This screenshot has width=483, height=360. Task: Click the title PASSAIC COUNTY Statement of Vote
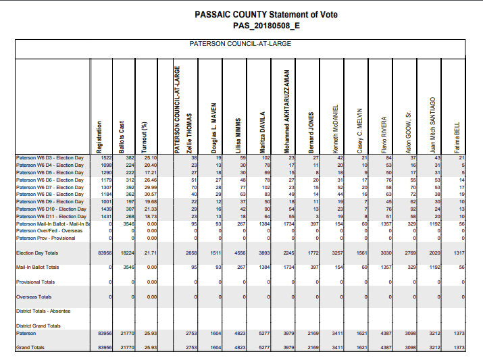pos(265,14)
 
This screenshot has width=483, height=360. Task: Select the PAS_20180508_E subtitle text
pos(265,25)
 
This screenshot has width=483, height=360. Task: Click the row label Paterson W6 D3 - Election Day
pos(50,157)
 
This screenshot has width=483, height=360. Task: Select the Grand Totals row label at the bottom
pos(30,347)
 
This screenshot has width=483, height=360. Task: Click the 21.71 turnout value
pos(150,253)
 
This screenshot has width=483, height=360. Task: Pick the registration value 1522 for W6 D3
pos(105,157)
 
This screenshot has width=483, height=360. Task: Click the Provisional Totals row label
pos(35,282)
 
